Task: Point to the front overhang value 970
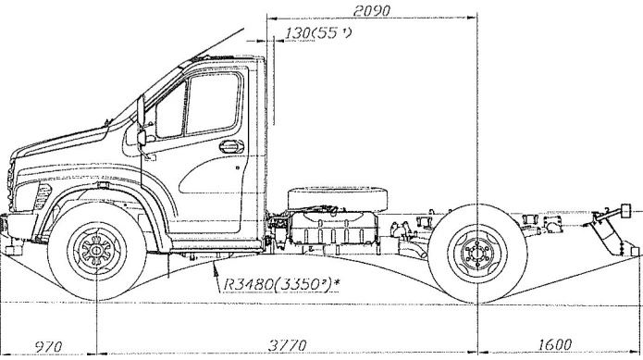click(46, 347)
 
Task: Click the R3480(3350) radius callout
click(275, 275)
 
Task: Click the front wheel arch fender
click(102, 198)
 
